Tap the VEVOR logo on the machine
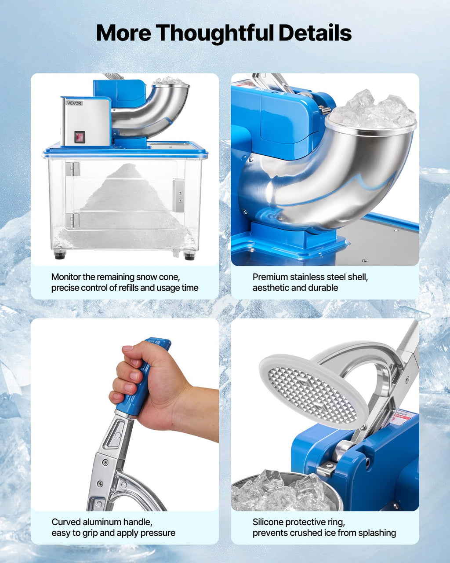click(x=74, y=103)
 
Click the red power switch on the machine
click(x=80, y=137)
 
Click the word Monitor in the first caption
click(x=66, y=277)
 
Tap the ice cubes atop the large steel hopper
click(x=372, y=110)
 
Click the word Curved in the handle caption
click(x=65, y=522)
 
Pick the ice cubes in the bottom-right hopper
click(x=281, y=490)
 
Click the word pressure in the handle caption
click(x=158, y=533)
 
